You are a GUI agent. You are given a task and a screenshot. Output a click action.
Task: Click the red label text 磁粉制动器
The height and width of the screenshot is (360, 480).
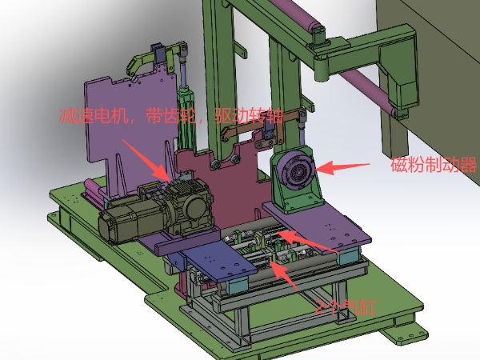434,164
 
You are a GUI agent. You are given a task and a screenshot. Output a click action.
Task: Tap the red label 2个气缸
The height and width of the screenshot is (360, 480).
346,307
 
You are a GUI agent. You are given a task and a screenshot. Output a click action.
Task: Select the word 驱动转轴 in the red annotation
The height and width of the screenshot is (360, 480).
248,116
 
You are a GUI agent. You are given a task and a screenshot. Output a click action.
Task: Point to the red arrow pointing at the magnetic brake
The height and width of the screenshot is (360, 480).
342,167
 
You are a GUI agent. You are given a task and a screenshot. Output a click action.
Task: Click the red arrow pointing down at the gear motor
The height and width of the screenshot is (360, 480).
146,160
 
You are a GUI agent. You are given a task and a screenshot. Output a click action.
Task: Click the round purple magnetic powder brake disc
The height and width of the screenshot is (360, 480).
296,171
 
